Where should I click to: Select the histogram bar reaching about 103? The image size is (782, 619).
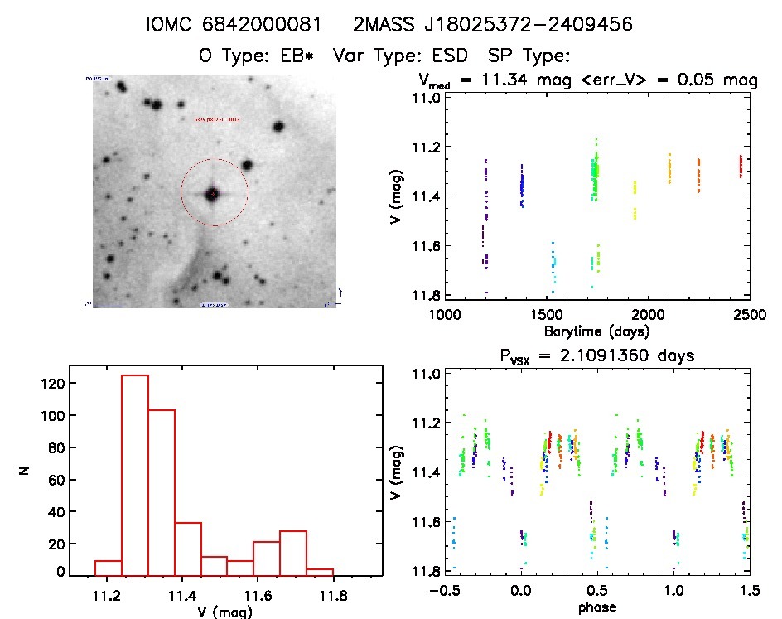tap(162, 492)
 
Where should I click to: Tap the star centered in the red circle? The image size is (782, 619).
tap(213, 194)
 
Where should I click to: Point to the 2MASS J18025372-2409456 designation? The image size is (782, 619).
tap(493, 25)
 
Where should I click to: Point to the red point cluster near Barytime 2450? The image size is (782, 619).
tap(741, 167)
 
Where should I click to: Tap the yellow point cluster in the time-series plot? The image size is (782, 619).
tap(635, 199)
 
